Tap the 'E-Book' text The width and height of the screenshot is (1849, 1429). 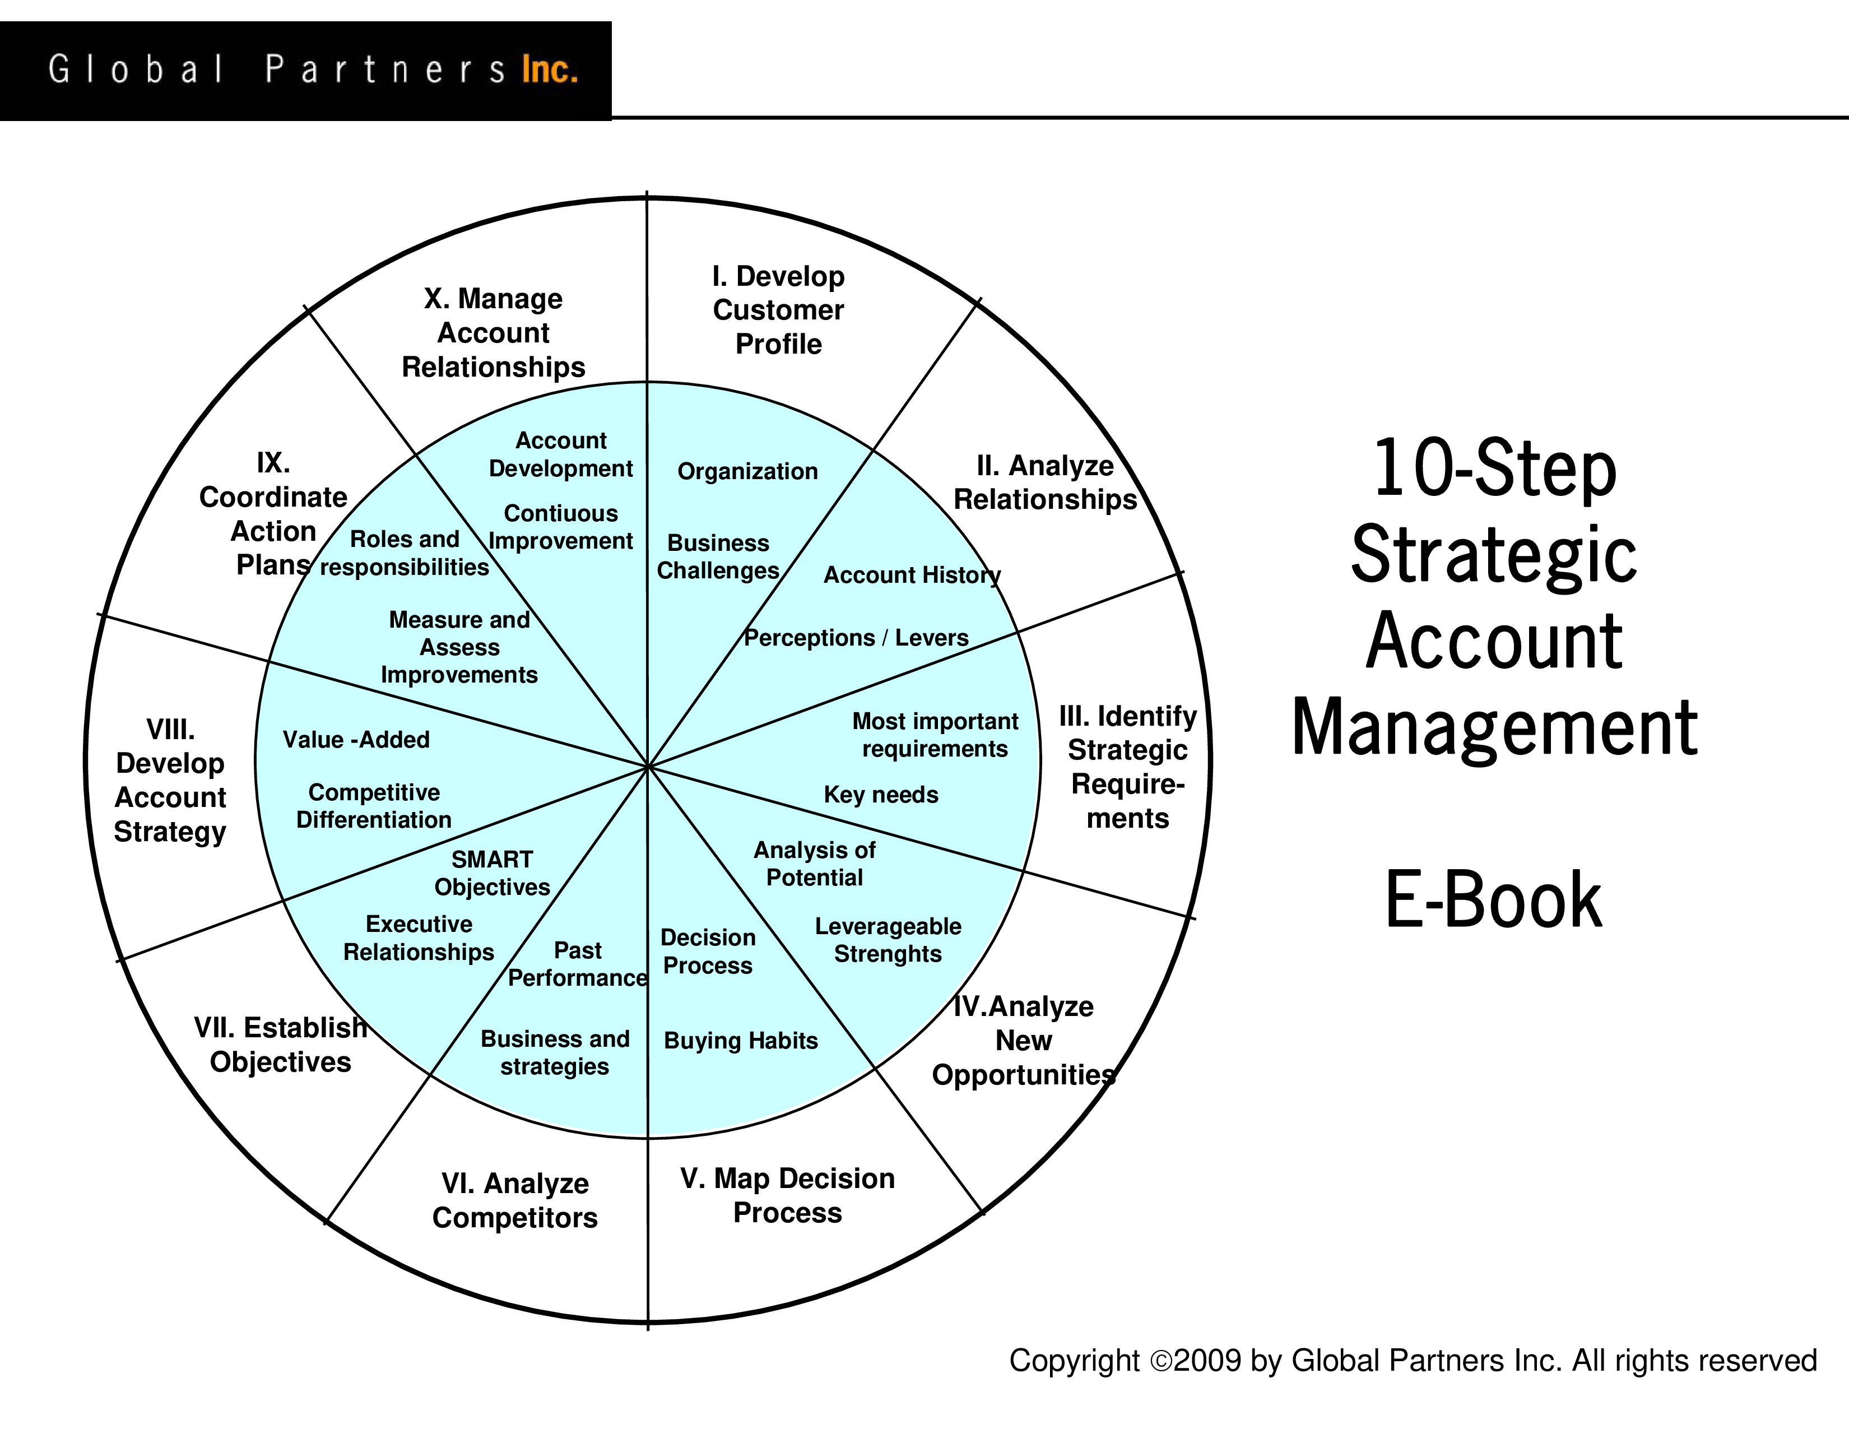[x=1493, y=899]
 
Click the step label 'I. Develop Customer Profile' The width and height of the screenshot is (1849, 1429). [x=778, y=310]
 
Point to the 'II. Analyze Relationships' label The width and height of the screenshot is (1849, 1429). [x=1046, y=482]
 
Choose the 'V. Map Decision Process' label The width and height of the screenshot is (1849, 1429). [x=787, y=1195]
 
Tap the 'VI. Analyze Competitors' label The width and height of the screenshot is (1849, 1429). [x=515, y=1200]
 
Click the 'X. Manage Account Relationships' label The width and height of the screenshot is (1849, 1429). [x=494, y=333]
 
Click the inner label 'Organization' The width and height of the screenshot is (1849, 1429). [x=747, y=471]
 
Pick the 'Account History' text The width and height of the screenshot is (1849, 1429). [x=912, y=576]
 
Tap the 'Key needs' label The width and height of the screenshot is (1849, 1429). [x=881, y=795]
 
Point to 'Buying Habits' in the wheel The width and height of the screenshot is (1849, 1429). [x=741, y=1041]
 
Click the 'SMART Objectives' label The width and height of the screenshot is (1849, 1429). [x=492, y=873]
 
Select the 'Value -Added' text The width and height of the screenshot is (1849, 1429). [x=356, y=740]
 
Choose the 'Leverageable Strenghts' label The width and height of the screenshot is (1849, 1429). [x=888, y=940]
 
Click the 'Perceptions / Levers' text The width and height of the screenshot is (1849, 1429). [x=856, y=638]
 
